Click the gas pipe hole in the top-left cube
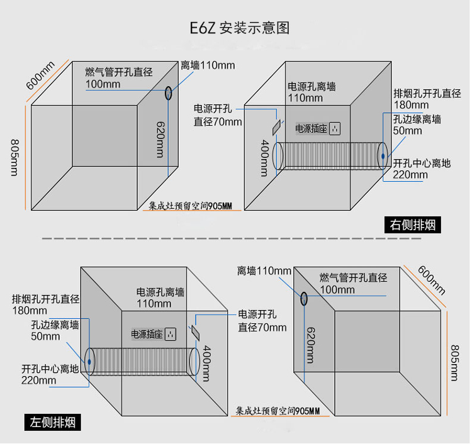tap(168, 93)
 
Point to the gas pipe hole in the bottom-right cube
tap(303, 299)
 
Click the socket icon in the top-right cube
tap(335, 128)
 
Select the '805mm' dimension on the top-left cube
tap(14, 157)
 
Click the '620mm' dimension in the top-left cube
tap(160, 139)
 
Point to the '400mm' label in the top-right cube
tap(265, 157)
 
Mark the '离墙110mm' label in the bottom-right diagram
tap(264, 271)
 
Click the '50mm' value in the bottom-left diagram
tap(45, 336)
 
